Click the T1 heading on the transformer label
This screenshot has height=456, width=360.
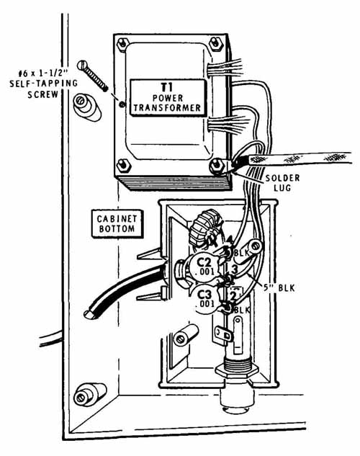coord(167,87)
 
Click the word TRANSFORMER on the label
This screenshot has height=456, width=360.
coord(167,108)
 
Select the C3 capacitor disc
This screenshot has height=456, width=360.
coord(206,300)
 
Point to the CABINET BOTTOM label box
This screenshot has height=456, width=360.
coord(117,223)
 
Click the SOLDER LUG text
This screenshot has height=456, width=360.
coord(282,183)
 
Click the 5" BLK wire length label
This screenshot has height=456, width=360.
coord(279,288)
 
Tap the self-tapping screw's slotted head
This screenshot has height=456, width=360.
coord(82,65)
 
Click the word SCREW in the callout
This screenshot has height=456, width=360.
coord(42,95)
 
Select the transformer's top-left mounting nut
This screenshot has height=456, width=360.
coord(123,44)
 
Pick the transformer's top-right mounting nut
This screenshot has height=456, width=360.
coord(215,44)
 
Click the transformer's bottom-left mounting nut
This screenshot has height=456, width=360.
coord(124,166)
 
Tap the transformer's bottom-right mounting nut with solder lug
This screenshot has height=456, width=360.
coord(217,166)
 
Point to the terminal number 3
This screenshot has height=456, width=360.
coord(234,269)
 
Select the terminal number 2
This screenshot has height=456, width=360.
coord(233,297)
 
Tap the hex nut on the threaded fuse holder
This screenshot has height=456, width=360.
coord(237,371)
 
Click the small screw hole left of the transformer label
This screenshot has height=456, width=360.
coord(122,104)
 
